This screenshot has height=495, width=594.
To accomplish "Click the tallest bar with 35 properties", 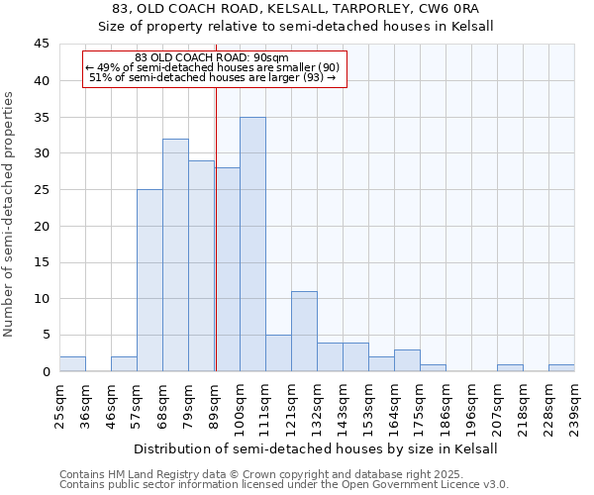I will (252, 245).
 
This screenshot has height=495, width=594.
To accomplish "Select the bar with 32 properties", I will (175, 255).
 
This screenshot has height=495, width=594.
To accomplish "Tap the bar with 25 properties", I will (149, 280).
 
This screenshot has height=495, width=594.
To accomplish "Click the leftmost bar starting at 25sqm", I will (72, 364).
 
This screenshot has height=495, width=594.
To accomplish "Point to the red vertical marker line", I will (215, 228).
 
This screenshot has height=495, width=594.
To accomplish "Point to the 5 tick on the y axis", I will (46, 335).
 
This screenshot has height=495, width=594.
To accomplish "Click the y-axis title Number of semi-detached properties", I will (11, 214).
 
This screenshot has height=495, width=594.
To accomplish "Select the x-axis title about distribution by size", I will (316, 448).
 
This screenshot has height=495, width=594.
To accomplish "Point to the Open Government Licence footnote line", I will (284, 485).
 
